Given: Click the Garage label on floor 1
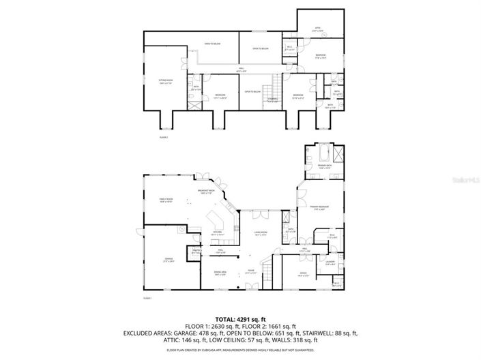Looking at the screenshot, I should click(x=168, y=260).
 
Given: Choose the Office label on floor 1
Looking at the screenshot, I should click(x=304, y=274).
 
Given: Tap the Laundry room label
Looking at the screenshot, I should click(x=330, y=263).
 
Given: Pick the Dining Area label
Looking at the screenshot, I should click(x=220, y=274).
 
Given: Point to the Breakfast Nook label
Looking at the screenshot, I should click(x=207, y=192).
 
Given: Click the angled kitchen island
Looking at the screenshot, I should click(x=218, y=219).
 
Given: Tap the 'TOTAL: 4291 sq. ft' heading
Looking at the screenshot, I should click(x=240, y=318).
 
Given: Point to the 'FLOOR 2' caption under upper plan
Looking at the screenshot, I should click(x=164, y=137).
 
